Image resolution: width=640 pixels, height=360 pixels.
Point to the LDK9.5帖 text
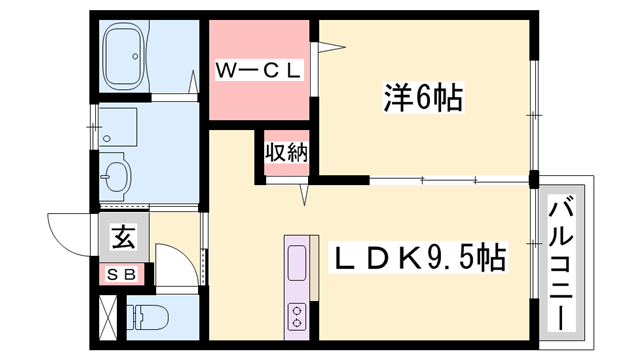418,258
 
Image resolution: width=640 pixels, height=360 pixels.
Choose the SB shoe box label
122,273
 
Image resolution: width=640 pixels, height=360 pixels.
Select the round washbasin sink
116,175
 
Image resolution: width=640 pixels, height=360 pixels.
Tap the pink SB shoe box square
122,273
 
